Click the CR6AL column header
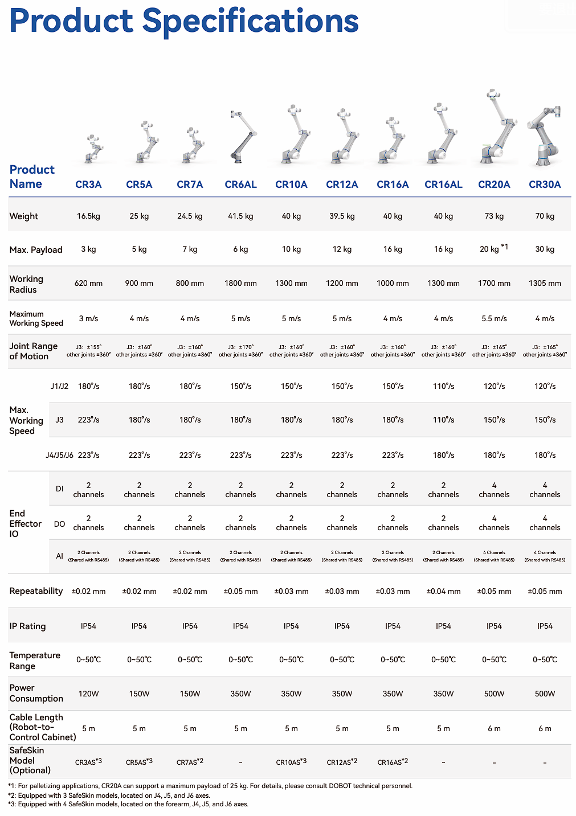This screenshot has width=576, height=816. point(240,184)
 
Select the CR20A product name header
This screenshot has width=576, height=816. point(493,184)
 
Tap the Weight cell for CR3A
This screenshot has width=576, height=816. point(88,216)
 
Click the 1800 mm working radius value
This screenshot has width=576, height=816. point(240,283)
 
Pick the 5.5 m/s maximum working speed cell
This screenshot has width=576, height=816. point(494,318)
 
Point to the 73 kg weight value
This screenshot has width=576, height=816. point(494,216)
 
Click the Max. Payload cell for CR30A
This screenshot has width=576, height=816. point(545,249)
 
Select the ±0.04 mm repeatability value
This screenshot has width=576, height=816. point(443,591)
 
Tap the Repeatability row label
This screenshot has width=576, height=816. point(36,591)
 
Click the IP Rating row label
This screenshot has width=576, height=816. point(27,626)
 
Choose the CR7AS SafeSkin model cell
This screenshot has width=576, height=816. point(190,761)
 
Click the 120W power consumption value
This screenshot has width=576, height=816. point(88,694)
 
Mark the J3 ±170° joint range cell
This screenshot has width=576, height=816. point(240,351)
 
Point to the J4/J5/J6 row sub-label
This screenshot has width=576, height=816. point(59,455)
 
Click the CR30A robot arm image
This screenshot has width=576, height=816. point(544,136)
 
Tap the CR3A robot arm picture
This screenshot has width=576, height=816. point(94,149)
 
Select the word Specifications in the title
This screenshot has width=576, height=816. point(250,21)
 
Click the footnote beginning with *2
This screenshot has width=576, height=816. point(109,796)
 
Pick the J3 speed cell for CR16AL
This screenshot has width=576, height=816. point(443,420)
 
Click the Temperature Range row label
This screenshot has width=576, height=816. point(35,661)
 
